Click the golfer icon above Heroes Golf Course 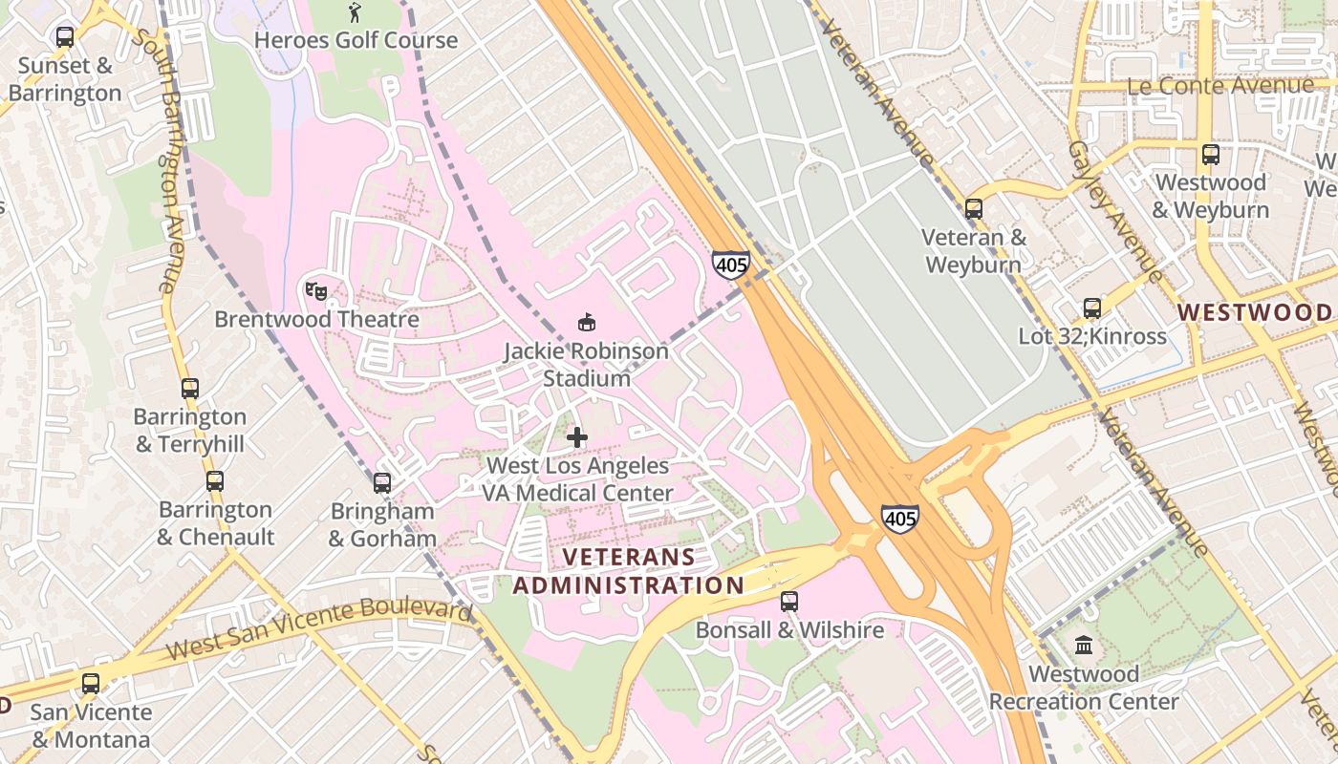356,12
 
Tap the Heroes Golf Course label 356,40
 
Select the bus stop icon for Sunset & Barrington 65,37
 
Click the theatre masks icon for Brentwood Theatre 316,290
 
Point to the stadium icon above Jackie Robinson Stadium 587,323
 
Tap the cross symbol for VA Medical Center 577,437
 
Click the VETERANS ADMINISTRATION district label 628,571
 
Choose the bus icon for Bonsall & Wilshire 789,602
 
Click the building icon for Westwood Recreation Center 1084,646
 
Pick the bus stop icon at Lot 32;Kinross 1092,308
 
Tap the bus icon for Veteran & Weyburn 974,208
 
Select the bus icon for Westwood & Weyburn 1211,154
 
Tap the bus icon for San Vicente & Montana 91,684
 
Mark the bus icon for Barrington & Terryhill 190,389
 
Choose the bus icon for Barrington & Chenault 215,481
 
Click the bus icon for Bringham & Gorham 382,482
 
